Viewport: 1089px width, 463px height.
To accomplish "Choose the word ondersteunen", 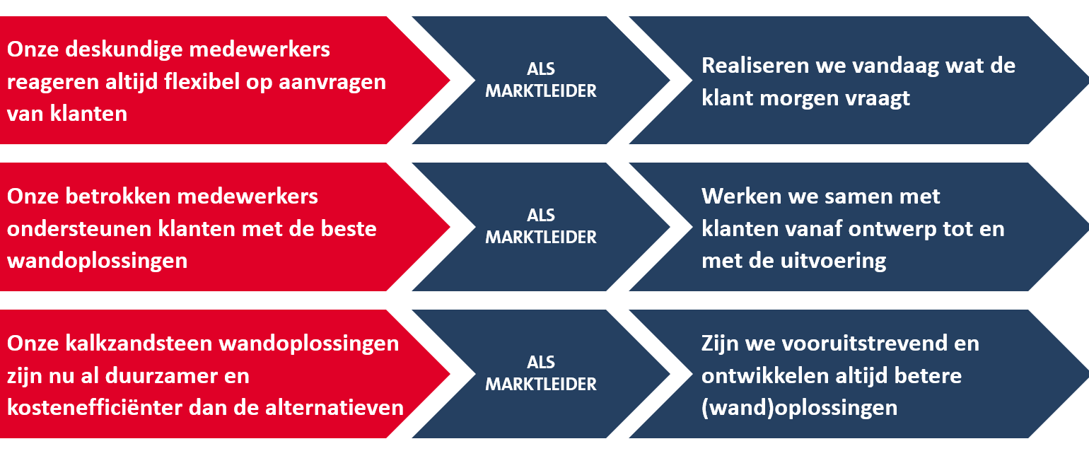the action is (x=78, y=229).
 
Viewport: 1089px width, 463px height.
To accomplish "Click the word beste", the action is (x=349, y=229).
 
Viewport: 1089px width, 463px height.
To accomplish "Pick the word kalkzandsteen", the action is (x=139, y=343).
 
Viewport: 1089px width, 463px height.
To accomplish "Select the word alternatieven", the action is (x=334, y=407).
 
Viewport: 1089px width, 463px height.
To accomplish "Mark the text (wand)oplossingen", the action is (x=799, y=409).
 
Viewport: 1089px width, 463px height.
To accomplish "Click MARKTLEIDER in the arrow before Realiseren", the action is (x=540, y=91).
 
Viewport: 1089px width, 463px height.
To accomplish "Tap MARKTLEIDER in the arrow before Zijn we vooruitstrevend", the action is (x=540, y=385).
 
